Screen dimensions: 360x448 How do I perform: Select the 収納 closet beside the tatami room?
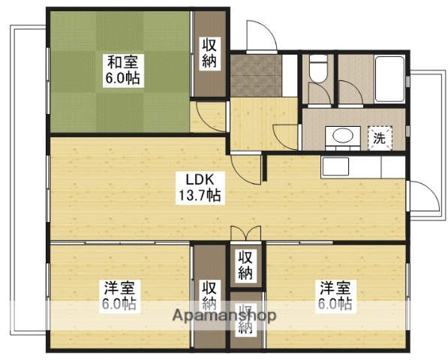(209, 53)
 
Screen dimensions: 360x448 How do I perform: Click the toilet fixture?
(316, 70)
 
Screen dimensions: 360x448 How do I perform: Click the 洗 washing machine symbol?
(380, 139)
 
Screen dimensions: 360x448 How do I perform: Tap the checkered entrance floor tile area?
(255, 76)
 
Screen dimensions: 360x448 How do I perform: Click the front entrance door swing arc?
(259, 34)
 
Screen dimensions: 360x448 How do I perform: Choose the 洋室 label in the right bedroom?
(335, 288)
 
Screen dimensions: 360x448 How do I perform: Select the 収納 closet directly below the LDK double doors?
(245, 265)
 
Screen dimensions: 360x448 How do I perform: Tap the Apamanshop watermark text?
(223, 316)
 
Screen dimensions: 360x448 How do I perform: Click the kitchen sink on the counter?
(335, 165)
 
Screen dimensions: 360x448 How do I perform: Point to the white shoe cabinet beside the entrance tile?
(291, 76)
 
